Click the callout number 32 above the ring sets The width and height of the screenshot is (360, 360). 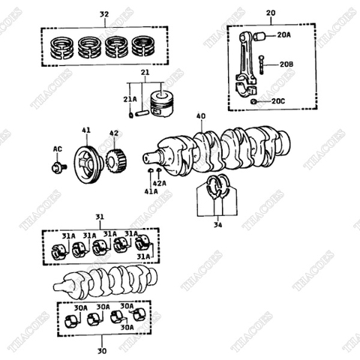104,14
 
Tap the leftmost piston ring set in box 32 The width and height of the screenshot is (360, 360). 62,46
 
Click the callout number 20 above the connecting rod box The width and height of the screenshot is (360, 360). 270,13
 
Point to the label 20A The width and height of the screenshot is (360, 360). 283,35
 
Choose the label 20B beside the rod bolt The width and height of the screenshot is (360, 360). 286,65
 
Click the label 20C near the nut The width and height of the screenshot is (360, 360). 278,100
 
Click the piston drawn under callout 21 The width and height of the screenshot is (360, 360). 163,103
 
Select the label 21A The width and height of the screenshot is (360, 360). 130,98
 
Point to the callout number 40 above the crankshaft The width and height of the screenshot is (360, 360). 200,116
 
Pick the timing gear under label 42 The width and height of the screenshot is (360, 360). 114,160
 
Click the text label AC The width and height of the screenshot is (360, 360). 57,149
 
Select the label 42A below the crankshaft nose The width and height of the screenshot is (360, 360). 159,182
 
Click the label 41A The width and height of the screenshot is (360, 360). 151,192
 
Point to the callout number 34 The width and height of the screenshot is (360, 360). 217,223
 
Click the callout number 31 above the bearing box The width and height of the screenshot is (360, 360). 100,217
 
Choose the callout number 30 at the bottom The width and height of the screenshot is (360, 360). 102,350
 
